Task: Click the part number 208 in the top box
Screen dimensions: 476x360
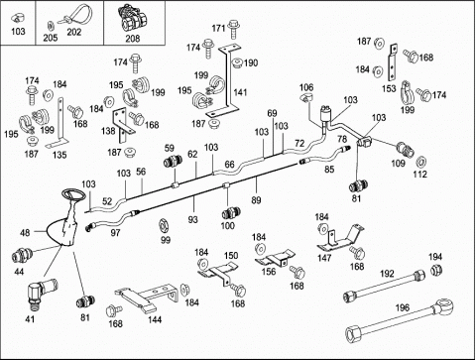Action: [x=132, y=39]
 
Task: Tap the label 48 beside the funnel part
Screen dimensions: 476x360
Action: [x=25, y=233]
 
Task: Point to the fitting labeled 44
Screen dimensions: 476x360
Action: [x=22, y=256]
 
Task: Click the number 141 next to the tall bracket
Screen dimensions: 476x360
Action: [x=240, y=92]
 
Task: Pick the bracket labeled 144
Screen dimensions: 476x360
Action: [x=147, y=297]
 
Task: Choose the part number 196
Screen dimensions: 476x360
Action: [x=403, y=307]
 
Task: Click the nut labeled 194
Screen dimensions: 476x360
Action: [x=436, y=271]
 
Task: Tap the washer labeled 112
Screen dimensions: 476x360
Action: [x=420, y=162]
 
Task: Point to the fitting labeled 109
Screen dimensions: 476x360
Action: [x=406, y=149]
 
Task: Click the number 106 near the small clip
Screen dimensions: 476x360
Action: [x=306, y=87]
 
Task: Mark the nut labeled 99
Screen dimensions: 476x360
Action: [x=163, y=225]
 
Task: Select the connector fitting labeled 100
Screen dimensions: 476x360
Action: [x=231, y=213]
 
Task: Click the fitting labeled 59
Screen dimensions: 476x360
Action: [x=174, y=162]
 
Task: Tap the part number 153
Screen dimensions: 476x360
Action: [x=389, y=88]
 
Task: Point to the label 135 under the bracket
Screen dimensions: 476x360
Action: [x=59, y=155]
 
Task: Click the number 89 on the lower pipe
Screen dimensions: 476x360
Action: [x=256, y=200]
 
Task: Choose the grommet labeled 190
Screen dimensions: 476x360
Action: [x=237, y=62]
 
